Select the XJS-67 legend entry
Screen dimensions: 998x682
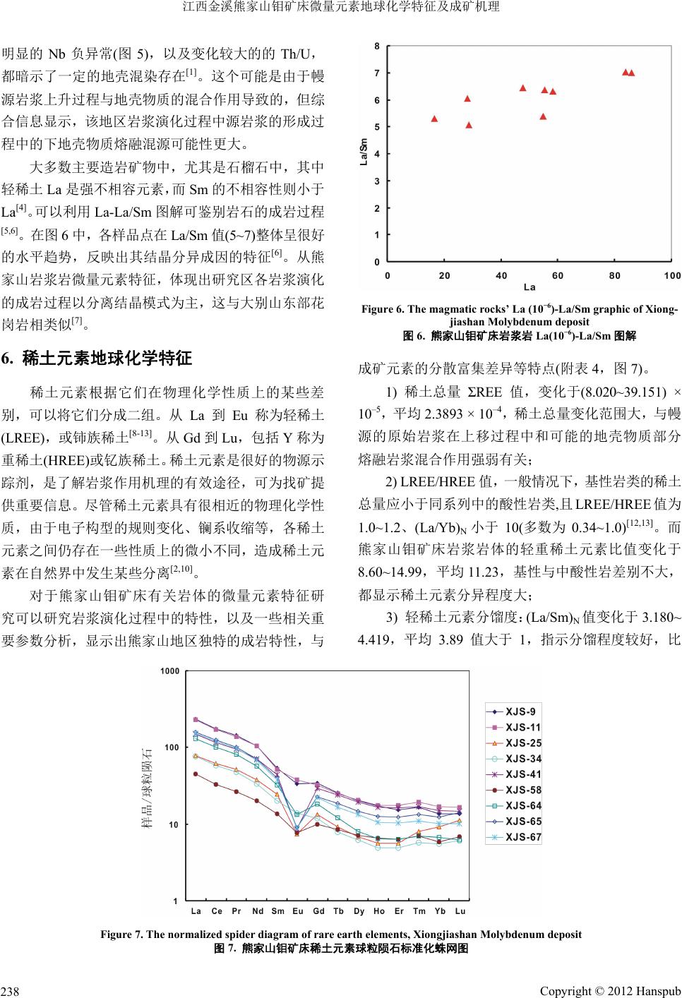pyautogui.click(x=524, y=838)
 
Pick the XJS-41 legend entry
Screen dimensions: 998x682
pyautogui.click(x=524, y=775)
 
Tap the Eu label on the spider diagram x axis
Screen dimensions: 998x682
pyautogui.click(x=298, y=911)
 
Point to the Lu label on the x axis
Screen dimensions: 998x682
pyautogui.click(x=460, y=911)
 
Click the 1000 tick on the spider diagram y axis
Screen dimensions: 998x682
pyautogui.click(x=169, y=671)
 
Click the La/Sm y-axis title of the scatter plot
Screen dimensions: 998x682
pyautogui.click(x=364, y=152)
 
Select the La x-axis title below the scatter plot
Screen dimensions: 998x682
pyautogui.click(x=530, y=287)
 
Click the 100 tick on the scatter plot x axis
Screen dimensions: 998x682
pyautogui.click(x=672, y=275)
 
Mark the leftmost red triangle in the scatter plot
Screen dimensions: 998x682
pyautogui.click(x=435, y=119)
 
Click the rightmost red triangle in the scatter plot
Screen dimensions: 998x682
pyautogui.click(x=631, y=73)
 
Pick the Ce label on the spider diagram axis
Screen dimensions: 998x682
pyautogui.click(x=216, y=911)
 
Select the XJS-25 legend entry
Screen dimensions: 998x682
pyautogui.click(x=524, y=743)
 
